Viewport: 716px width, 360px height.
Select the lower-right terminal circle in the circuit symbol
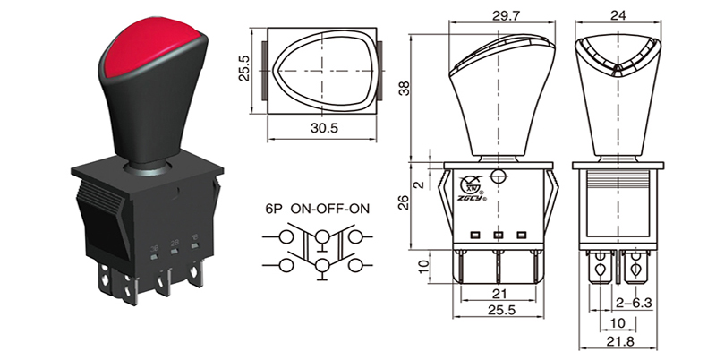click(355, 266)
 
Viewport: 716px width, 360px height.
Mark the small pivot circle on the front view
click(499, 176)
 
